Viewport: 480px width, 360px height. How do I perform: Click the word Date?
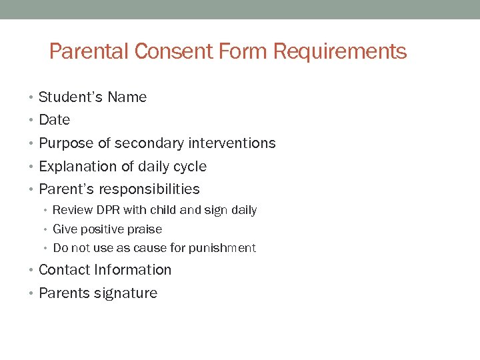pos(54,120)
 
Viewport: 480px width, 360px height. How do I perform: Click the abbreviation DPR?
pos(107,210)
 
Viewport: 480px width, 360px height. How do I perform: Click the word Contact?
pos(65,270)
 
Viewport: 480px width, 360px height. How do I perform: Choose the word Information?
pos(133,270)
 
